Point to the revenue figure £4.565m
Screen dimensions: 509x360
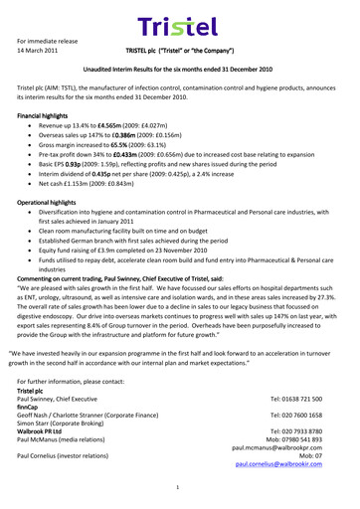[x=117, y=128]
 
